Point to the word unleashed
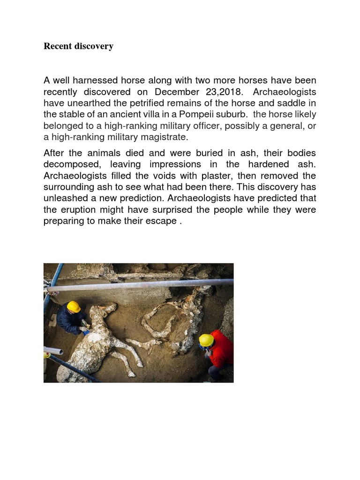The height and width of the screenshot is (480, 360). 68,198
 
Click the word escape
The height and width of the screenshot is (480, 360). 160,221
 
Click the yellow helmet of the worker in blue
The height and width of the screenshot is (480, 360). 74,307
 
